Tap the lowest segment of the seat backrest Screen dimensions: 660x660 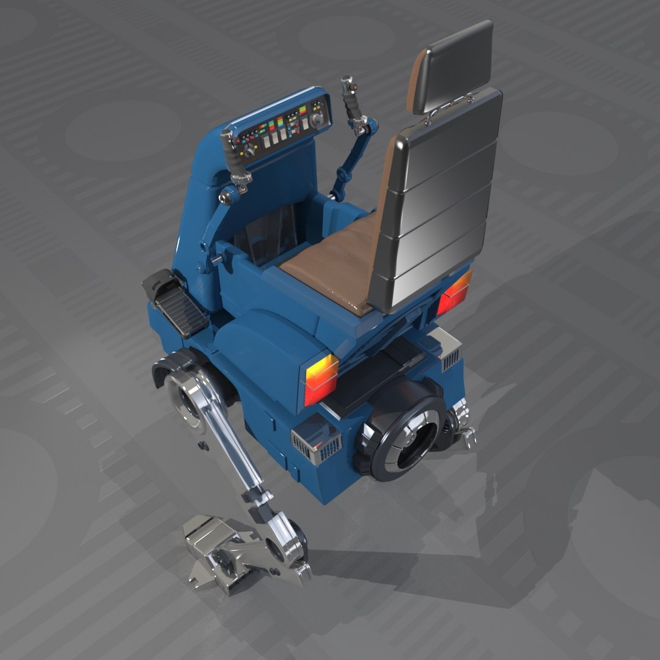click(428, 269)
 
